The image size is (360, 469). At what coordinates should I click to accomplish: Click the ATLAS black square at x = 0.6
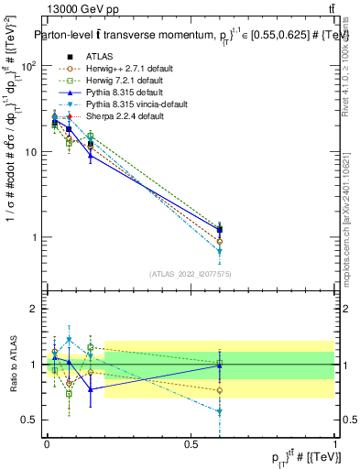[219, 229]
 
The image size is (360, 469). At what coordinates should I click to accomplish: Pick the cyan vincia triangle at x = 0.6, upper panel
[219, 250]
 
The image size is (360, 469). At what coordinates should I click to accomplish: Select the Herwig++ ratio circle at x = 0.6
[219, 390]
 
